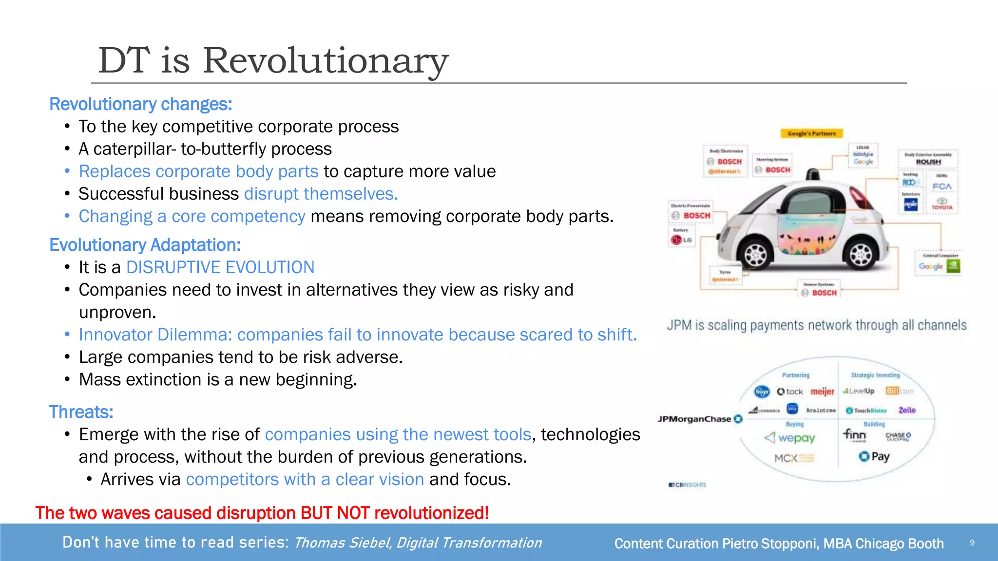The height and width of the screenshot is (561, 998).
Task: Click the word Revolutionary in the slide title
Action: pyautogui.click(x=325, y=60)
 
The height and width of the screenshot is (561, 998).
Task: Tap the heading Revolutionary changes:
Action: pyautogui.click(x=141, y=104)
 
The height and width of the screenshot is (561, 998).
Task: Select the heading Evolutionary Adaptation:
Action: pyautogui.click(x=145, y=245)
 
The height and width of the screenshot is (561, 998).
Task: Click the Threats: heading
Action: pyautogui.click(x=81, y=412)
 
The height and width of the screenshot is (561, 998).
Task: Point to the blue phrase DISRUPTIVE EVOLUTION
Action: pyautogui.click(x=220, y=267)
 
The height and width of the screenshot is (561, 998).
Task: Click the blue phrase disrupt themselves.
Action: pyautogui.click(x=321, y=194)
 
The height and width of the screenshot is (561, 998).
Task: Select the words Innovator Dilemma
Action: pyautogui.click(x=155, y=335)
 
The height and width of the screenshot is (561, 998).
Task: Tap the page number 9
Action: pyautogui.click(x=972, y=542)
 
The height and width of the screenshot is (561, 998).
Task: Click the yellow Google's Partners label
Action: pyautogui.click(x=811, y=133)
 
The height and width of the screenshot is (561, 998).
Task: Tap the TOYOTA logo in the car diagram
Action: pyautogui.click(x=941, y=204)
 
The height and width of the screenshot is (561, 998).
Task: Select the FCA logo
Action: pyautogui.click(x=941, y=187)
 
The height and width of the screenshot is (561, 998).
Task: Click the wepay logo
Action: pyautogui.click(x=790, y=438)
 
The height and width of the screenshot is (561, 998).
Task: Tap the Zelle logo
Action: pyautogui.click(x=907, y=410)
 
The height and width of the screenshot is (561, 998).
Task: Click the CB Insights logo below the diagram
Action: pyautogui.click(x=687, y=485)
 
